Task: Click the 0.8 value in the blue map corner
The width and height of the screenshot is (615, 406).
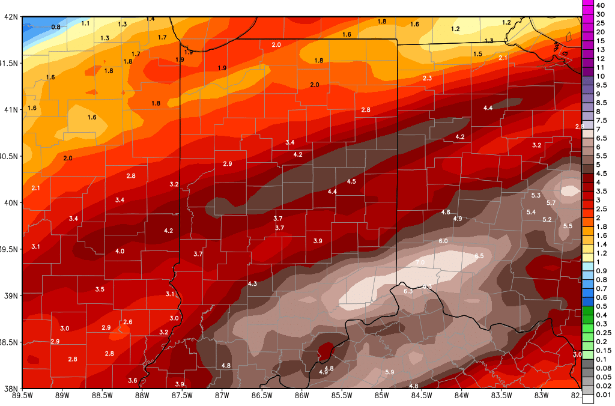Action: click(56, 27)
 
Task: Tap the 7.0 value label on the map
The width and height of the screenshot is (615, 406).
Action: click(420, 262)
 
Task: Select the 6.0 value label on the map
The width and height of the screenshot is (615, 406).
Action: click(443, 241)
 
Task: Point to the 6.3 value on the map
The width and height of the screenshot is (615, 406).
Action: click(408, 291)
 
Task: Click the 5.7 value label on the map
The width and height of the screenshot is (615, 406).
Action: click(551, 203)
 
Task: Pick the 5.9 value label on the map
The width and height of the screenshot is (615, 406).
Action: click(389, 372)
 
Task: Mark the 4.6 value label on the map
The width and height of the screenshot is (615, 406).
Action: click(446, 212)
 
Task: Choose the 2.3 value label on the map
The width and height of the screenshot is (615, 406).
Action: click(428, 79)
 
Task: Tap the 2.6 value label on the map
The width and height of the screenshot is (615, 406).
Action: click(127, 323)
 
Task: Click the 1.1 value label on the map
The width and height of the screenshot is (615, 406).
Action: click(85, 23)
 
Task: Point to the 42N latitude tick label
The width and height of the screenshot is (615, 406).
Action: click(10, 17)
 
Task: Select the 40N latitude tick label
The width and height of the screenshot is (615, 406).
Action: click(10, 203)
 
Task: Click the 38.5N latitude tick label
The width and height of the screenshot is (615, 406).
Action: click(10, 342)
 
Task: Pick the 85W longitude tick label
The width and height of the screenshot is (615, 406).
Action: click(381, 395)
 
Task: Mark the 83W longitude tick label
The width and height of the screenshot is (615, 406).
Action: click(541, 395)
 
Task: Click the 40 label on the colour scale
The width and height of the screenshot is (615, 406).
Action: click(600, 5)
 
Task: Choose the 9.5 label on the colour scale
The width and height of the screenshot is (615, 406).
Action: click(601, 85)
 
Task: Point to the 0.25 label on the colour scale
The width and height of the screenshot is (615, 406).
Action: click(602, 332)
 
